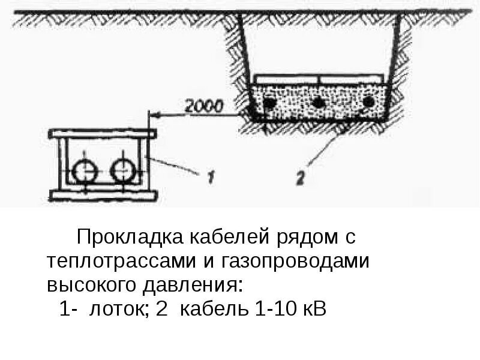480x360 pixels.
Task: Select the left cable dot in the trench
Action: (x=271, y=104)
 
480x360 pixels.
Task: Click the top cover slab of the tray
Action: (x=103, y=133)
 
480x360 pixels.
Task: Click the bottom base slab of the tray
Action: (x=103, y=194)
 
